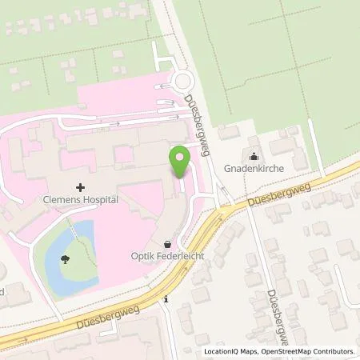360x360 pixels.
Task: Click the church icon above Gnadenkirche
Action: click(255, 157)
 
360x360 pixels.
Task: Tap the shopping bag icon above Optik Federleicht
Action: click(167, 242)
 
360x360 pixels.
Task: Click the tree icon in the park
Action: click(63, 258)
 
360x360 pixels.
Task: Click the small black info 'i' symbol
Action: click(165, 299)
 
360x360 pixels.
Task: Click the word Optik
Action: click(144, 256)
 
